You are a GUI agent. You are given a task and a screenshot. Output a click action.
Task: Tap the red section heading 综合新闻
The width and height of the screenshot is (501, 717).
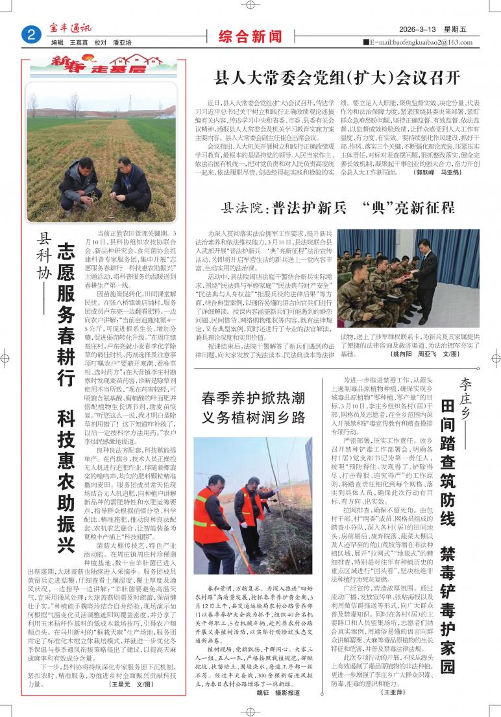tap(241, 35)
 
